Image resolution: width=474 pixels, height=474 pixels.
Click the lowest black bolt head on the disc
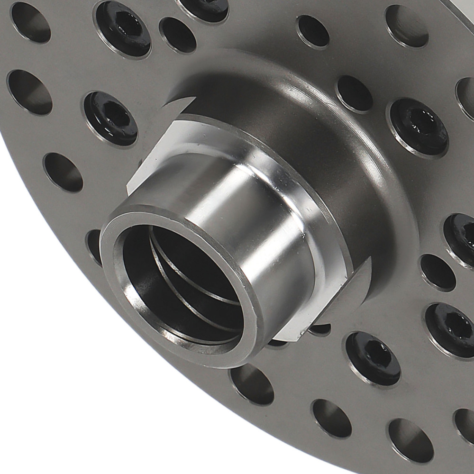[373, 358]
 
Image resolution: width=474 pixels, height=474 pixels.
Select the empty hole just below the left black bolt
[63, 172]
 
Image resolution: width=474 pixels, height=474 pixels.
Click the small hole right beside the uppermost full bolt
[178, 35]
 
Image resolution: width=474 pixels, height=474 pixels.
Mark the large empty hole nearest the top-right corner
[407, 26]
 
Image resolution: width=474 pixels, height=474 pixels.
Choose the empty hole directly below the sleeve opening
[252, 384]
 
